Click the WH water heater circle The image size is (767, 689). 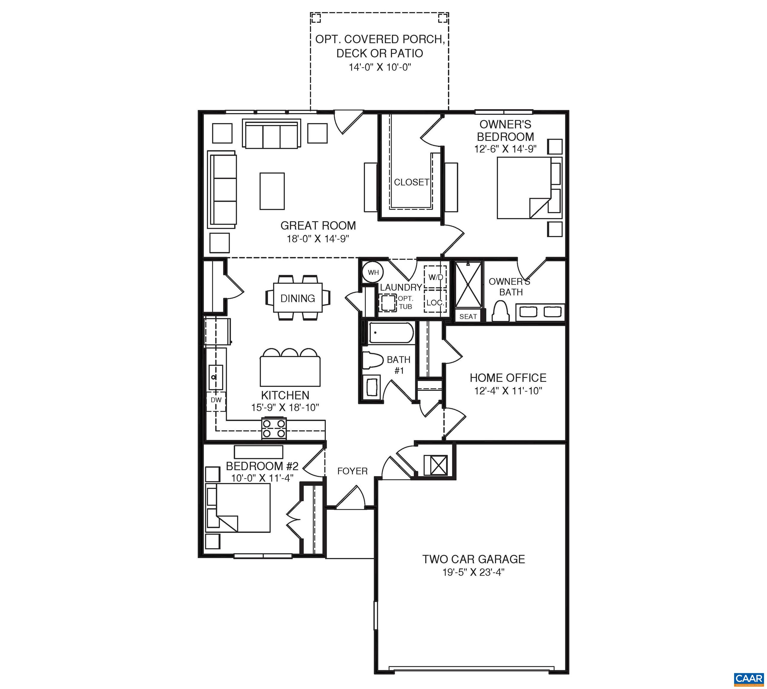pos(373,272)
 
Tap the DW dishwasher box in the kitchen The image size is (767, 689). pos(216,400)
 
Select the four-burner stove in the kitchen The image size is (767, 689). pos(274,428)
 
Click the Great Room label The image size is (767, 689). pos(318,225)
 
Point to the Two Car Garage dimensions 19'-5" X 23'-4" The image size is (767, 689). pos(474,572)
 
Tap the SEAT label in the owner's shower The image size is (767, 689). pos(468,316)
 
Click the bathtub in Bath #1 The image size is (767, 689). pos(391,333)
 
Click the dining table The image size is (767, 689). pos(298,298)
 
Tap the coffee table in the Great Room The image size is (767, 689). pos(272,191)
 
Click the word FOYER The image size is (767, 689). pos(352,471)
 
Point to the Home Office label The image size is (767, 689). pos(508,378)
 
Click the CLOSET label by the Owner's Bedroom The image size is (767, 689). pos(411,182)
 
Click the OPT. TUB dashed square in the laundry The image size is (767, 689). pos(387,303)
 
